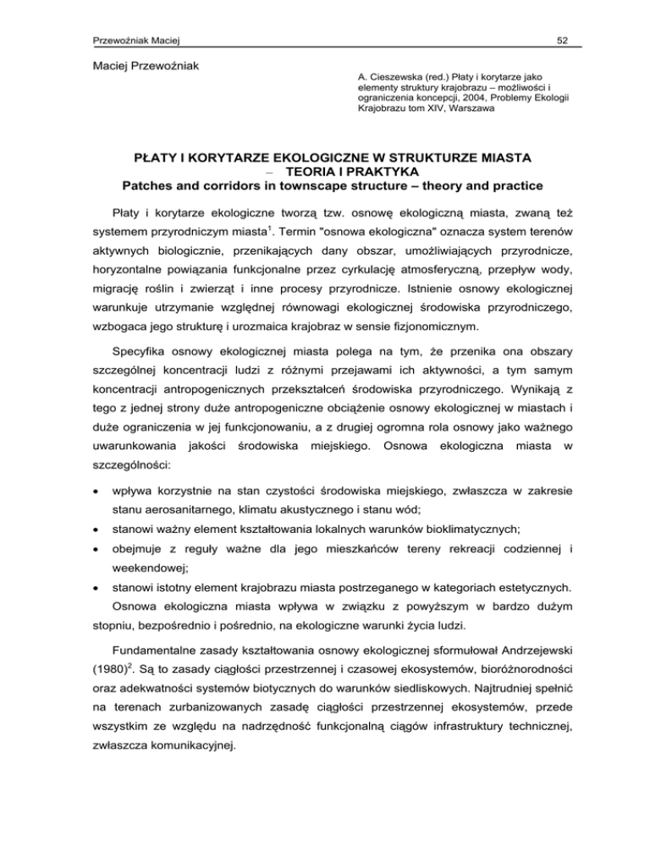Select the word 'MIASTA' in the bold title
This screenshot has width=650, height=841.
click(x=493, y=159)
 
